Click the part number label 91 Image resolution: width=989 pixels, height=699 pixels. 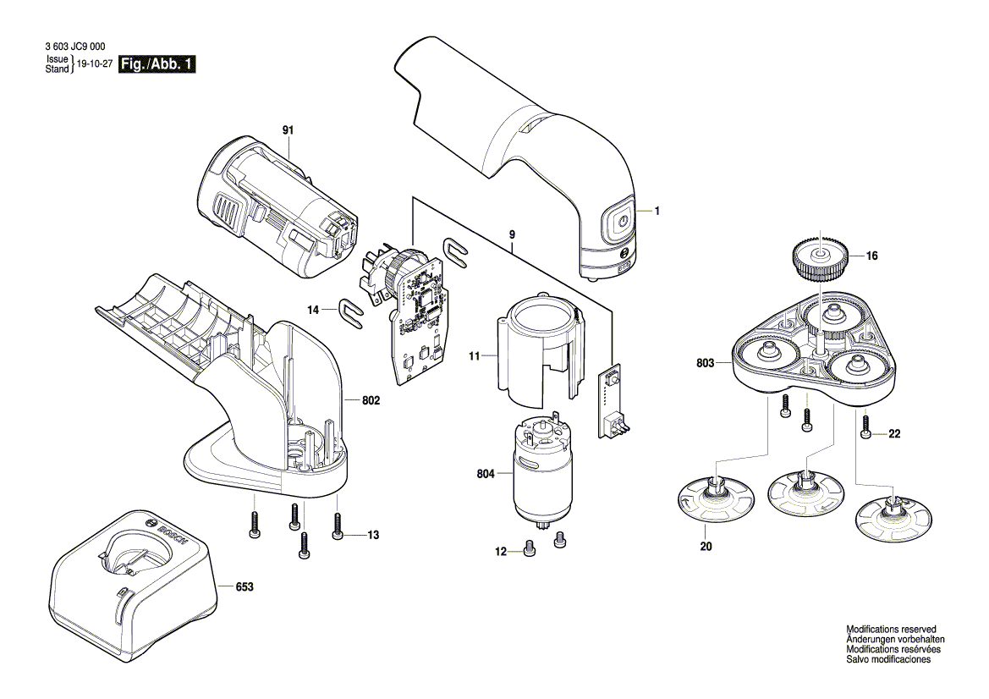tap(288, 130)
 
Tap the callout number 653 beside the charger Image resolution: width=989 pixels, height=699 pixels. tap(245, 586)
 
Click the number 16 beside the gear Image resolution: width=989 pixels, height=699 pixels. tap(871, 255)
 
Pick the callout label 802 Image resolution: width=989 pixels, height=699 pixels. tap(370, 400)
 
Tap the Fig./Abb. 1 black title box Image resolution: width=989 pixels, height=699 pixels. tap(158, 64)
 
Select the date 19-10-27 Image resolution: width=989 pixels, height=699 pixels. tap(95, 64)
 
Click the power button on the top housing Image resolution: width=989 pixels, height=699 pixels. tap(621, 220)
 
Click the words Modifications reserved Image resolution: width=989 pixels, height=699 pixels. tap(891, 630)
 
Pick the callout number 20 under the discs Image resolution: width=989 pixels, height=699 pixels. tap(706, 547)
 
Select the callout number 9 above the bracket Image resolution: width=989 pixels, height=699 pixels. tap(512, 234)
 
